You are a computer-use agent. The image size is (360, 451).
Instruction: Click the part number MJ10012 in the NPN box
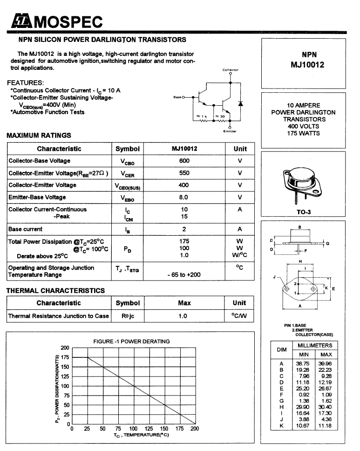(x=307, y=65)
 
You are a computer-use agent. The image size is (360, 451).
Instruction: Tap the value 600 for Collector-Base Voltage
(x=184, y=161)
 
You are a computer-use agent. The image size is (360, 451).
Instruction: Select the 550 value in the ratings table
(x=184, y=173)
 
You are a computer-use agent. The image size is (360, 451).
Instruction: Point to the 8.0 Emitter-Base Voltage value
(x=184, y=197)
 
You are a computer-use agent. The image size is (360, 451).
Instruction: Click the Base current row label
(x=26, y=229)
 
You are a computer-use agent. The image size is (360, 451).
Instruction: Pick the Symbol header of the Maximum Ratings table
(x=128, y=149)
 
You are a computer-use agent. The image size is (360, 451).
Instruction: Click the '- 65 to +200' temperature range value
(x=184, y=275)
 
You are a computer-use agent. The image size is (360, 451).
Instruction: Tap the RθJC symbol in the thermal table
(x=128, y=316)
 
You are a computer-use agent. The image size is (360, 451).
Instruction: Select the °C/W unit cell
(x=239, y=316)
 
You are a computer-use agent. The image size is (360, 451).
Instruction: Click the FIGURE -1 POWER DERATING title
(x=131, y=342)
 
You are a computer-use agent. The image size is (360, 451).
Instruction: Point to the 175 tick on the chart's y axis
(x=65, y=357)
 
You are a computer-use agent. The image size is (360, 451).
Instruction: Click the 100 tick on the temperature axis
(x=133, y=429)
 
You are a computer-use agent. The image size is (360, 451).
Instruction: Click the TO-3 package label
(x=304, y=212)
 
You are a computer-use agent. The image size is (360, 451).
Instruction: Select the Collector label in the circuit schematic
(x=230, y=70)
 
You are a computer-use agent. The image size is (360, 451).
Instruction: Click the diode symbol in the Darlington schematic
(x=241, y=103)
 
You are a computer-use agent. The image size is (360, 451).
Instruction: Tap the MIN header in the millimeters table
(x=304, y=355)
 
